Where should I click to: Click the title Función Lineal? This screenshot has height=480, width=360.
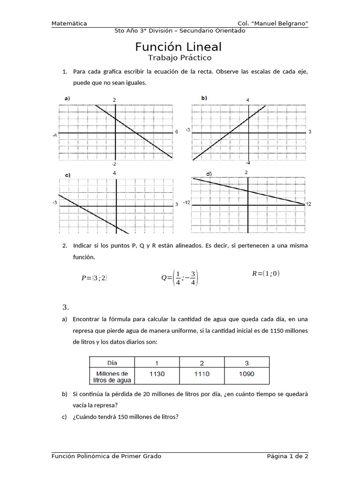pos(179,47)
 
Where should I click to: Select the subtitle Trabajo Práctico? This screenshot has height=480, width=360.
pos(180,58)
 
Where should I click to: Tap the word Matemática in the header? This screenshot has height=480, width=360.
pos(69,23)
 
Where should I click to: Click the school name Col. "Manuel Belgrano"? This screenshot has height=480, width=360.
pos(273,23)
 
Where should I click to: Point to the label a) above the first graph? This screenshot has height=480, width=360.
pos(67,98)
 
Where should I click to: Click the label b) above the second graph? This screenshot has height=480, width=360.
pos(204,98)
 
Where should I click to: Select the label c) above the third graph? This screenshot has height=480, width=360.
pos(67,175)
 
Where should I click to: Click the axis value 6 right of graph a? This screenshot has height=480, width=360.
pos(177,132)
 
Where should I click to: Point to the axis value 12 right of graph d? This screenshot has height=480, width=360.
pos(308,203)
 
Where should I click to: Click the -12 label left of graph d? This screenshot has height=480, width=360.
pos(187,202)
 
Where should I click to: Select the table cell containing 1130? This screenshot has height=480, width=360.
pos(157,374)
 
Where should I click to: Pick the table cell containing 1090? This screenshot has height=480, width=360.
pos(247,374)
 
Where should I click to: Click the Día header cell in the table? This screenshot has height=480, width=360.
pos(112,362)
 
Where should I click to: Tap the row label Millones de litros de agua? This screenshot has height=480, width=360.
pos(112,376)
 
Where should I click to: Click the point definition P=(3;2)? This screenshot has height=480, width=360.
pos(94,278)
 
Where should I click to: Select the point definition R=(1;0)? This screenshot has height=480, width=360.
pos(265,274)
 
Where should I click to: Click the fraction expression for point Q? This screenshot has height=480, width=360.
pos(180,277)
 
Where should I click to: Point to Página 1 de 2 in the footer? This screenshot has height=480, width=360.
pos(287,456)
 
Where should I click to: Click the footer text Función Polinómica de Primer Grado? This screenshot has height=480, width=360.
pos(106,456)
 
